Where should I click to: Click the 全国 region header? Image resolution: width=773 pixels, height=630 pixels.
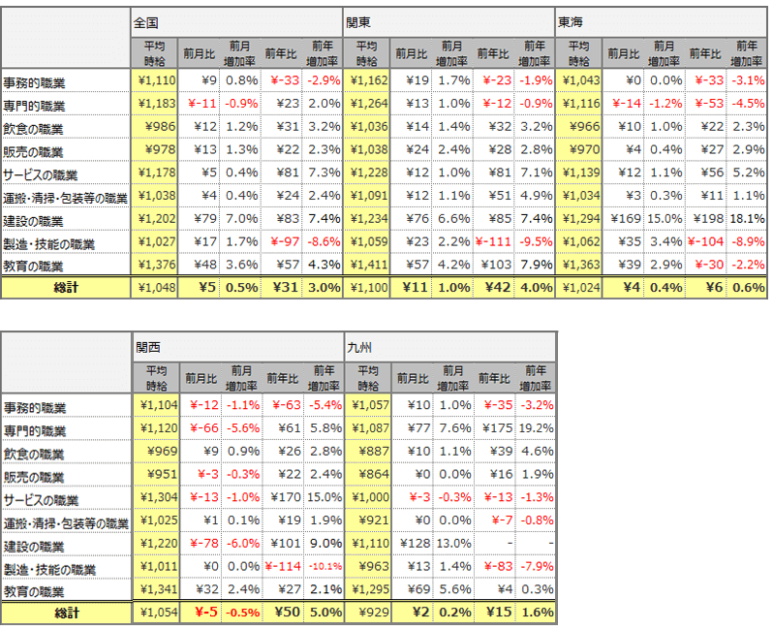click(147, 19)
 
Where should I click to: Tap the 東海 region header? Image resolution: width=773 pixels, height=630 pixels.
click(568, 19)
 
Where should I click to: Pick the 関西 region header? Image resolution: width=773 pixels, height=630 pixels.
click(147, 345)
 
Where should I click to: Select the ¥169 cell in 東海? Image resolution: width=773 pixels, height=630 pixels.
click(620, 220)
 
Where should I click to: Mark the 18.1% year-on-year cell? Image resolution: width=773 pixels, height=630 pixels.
click(746, 220)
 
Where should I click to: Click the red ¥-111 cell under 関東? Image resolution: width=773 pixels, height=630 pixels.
click(494, 242)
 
